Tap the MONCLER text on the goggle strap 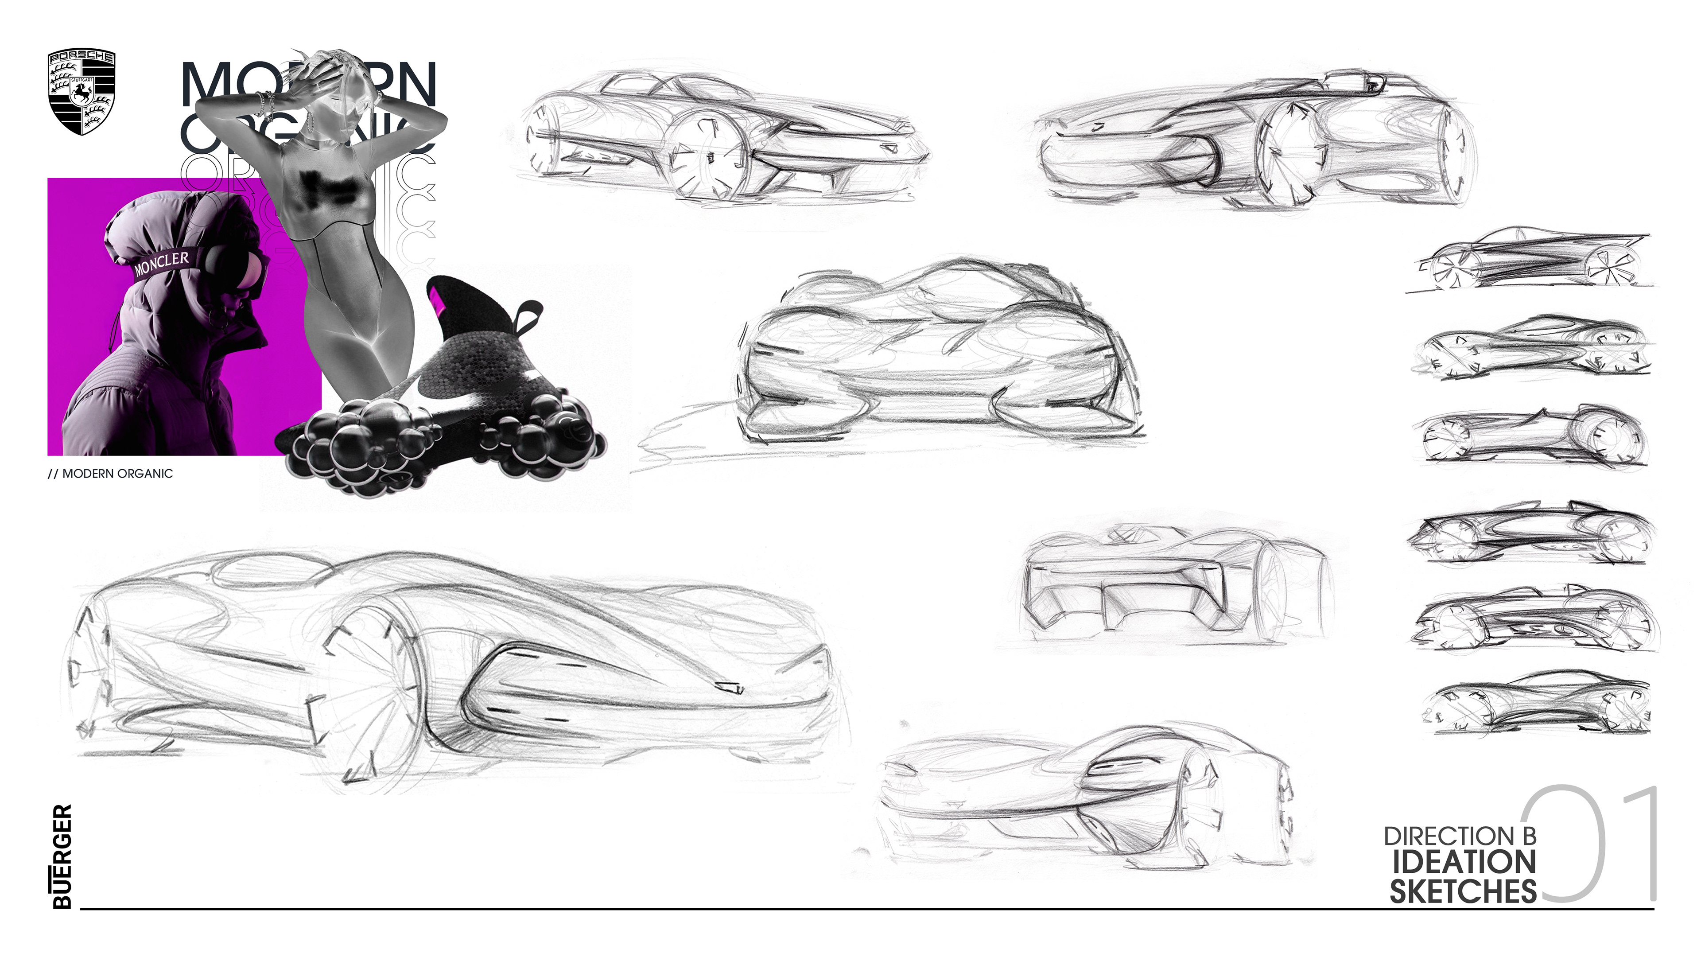[x=161, y=262]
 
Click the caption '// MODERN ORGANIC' [x=110, y=474]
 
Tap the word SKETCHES [x=1463, y=891]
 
